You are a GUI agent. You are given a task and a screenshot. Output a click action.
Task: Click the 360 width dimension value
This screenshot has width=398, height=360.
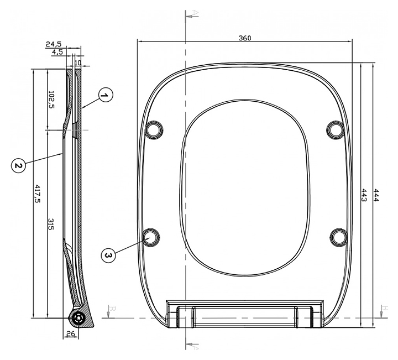coord(245,38)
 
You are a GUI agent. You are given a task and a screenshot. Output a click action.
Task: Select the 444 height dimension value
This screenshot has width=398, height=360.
coord(376,195)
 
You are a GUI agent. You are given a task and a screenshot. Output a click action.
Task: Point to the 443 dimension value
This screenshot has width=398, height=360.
coord(364,195)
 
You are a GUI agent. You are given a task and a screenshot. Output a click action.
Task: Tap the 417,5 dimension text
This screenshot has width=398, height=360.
coord(38,194)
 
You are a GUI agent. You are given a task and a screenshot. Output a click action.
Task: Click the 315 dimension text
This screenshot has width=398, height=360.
coord(51,224)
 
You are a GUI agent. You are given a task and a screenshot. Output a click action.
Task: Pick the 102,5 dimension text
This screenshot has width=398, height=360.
coord(51,100)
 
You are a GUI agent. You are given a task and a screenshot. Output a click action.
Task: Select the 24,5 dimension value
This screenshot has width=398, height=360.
coord(54,44)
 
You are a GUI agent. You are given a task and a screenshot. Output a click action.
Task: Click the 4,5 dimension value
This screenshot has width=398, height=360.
coord(57,52)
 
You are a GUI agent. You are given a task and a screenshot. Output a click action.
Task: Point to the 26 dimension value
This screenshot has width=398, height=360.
coord(71,333)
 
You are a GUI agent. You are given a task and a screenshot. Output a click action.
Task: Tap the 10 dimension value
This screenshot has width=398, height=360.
coord(78,62)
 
